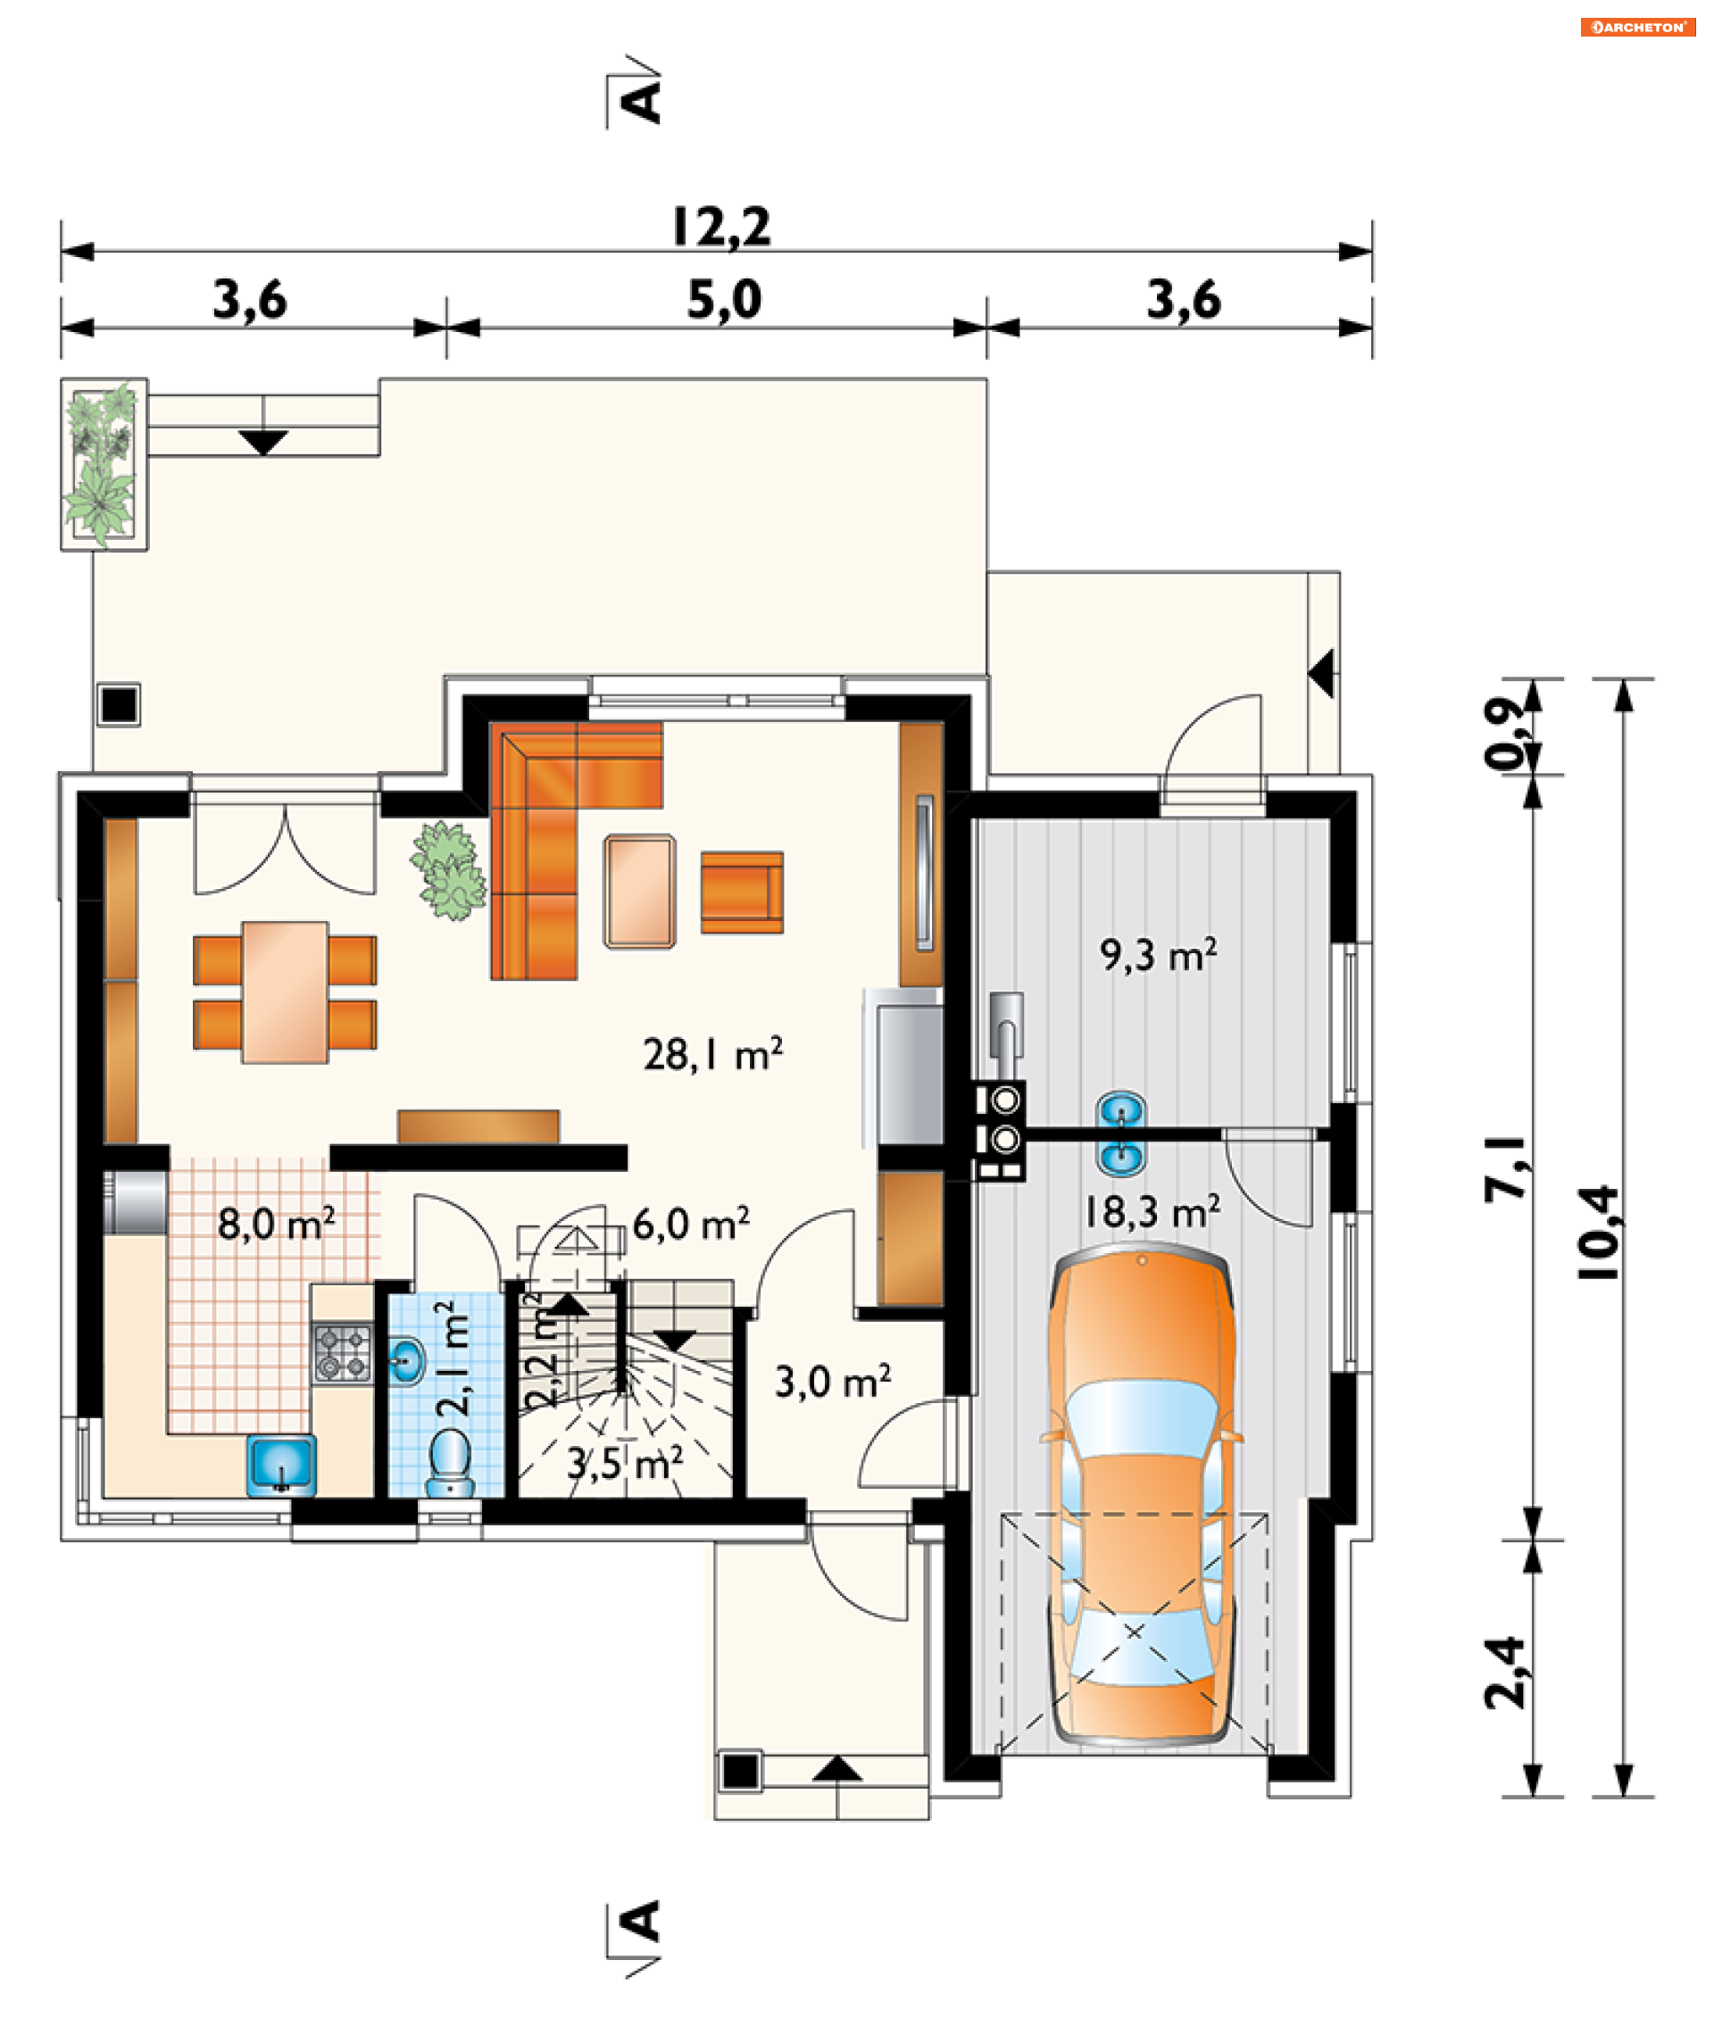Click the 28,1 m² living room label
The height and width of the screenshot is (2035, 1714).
pos(712,1054)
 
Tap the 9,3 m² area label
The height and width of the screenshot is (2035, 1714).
pos(1158,955)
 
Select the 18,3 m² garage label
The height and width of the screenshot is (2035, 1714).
pos(1152,1211)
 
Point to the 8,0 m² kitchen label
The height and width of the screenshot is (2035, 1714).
pos(277,1224)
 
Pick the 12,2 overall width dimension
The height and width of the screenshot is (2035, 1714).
pos(722,227)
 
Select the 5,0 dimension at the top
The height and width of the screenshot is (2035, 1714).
pos(724,299)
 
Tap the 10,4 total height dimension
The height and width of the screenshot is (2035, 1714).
pos(1598,1232)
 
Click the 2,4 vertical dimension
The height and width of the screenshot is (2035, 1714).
pos(1506,1673)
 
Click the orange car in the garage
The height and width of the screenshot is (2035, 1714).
pos(1141,1499)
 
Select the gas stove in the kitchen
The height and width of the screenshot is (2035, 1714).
pos(343,1353)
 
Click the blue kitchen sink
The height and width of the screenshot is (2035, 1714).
pos(281,1466)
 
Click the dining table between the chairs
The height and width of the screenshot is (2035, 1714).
pos(285,992)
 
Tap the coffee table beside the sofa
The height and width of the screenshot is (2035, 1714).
pos(639,891)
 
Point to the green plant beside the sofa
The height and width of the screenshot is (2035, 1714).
pos(448,870)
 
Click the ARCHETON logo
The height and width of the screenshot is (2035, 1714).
pos(1638,27)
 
